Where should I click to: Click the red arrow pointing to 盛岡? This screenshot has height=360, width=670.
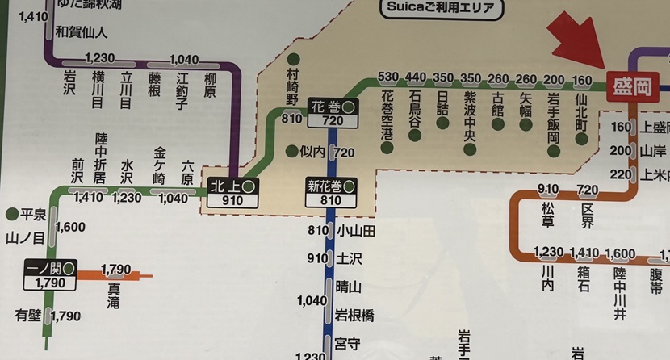(580, 45)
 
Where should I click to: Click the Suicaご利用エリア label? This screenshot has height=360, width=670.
(440, 10)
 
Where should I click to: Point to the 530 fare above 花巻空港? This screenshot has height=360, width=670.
(389, 77)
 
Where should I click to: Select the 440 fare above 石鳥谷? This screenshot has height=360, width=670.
(416, 77)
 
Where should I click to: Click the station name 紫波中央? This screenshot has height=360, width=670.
(470, 116)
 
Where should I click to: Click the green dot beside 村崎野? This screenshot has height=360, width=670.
(293, 59)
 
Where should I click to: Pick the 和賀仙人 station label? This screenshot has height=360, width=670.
(82, 33)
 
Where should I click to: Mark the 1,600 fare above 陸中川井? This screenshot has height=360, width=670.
(620, 253)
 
